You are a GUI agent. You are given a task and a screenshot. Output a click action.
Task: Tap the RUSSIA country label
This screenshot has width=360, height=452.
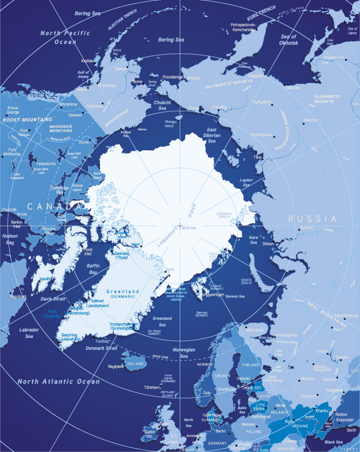[x=312, y=219]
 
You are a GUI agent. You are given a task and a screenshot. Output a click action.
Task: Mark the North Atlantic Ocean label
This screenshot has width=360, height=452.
[x=58, y=381]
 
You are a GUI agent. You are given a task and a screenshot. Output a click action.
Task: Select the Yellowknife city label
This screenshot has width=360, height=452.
[x=45, y=164]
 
